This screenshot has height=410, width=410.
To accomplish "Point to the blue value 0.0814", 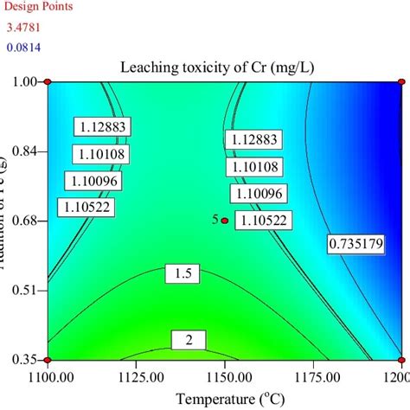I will (24, 46).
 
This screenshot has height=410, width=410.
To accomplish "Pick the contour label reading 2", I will (187, 340).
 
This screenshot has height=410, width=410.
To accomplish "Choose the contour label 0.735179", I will (356, 245).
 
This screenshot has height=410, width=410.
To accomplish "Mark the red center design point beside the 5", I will (225, 221).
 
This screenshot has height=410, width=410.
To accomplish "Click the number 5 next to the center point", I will (215, 220).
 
